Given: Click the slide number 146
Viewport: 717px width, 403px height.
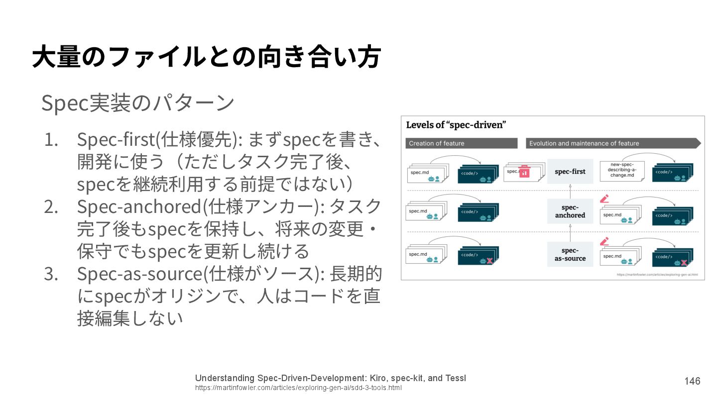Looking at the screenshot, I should coord(692,381).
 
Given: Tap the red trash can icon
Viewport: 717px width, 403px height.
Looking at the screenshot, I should coord(524,172).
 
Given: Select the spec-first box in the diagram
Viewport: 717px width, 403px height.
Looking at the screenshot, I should coord(570,172).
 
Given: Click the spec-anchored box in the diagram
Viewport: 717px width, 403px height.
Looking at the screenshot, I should coord(570,211).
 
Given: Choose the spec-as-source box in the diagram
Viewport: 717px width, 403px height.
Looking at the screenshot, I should coord(570,254).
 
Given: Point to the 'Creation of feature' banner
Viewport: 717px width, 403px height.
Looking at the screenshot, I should coord(461,143).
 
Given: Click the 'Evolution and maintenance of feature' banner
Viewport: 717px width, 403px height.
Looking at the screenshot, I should coord(612,143).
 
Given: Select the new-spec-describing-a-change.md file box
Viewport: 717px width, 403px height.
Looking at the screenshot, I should coord(622,171).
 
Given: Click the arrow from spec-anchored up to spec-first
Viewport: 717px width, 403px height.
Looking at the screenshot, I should coord(570,191).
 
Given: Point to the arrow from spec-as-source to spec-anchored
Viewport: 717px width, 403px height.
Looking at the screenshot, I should coord(570,232).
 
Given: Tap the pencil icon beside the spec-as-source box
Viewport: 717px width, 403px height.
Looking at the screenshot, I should coord(604,241).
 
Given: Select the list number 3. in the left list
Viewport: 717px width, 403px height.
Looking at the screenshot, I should coord(51,274).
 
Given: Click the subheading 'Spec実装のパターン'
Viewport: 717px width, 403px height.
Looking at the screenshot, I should coord(137,103).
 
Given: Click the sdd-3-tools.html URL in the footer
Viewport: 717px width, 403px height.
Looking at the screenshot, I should coord(298,388).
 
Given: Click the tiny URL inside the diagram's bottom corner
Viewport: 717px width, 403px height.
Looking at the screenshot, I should coord(657,275).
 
